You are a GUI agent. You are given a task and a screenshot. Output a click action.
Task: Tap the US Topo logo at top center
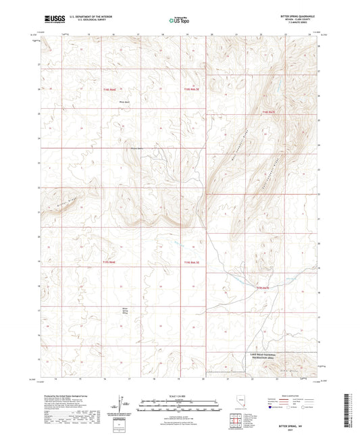[179, 20]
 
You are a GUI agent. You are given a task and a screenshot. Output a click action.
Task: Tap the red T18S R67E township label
[269, 111]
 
